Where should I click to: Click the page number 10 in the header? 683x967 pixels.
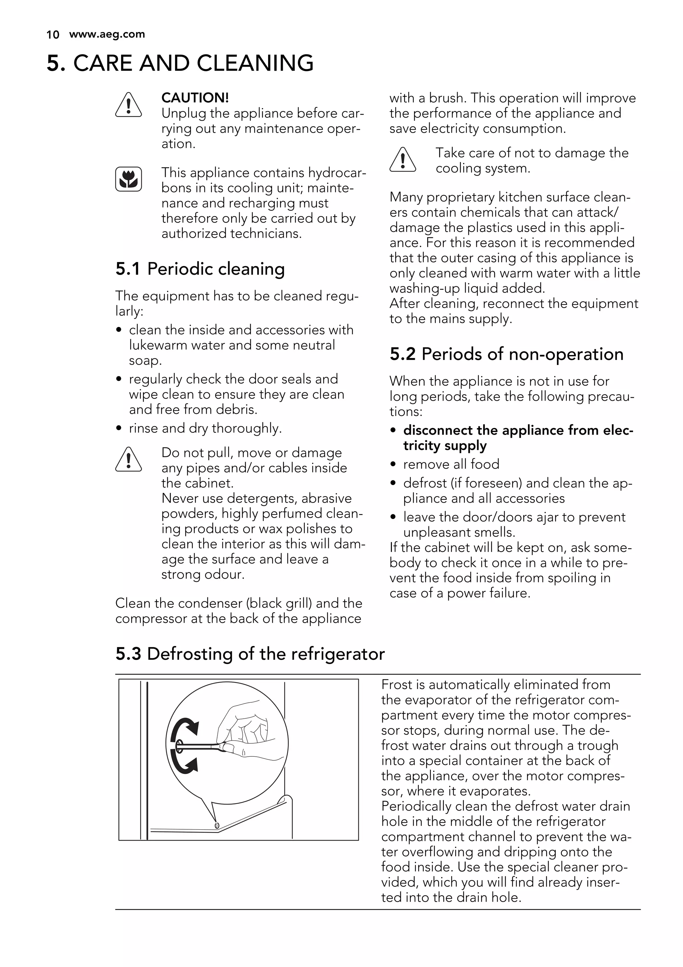pyautogui.click(x=53, y=35)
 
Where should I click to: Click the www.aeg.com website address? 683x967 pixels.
pyautogui.click(x=107, y=34)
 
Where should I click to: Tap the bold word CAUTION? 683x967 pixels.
pyautogui.click(x=195, y=98)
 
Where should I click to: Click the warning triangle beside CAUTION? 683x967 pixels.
pyautogui.click(x=128, y=105)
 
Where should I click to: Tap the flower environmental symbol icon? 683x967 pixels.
pyautogui.click(x=128, y=179)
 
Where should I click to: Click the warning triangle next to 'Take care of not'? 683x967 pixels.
pyautogui.click(x=403, y=160)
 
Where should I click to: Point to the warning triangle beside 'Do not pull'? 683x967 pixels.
pyautogui.click(x=128, y=459)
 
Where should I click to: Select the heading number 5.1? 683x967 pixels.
pyautogui.click(x=128, y=269)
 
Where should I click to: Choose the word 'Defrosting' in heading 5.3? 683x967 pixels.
pyautogui.click(x=190, y=654)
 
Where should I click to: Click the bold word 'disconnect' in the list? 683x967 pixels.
pyautogui.click(x=438, y=430)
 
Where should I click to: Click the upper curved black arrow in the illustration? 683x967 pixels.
pyautogui.click(x=185, y=732)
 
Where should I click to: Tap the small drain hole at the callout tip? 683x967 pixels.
pyautogui.click(x=216, y=824)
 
